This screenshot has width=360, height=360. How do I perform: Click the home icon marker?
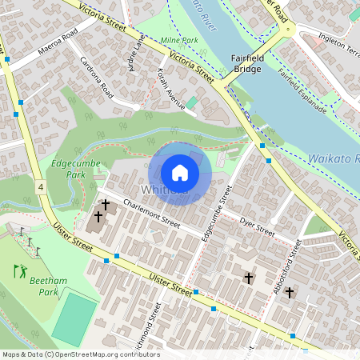[x=179, y=173]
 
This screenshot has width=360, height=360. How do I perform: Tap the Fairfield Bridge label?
[x=247, y=64]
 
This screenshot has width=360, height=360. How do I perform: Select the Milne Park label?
[x=178, y=40]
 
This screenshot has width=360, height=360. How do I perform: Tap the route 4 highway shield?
[x=40, y=186]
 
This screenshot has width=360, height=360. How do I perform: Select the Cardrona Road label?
[x=95, y=74]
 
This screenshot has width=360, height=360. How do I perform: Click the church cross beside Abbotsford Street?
[x=289, y=293]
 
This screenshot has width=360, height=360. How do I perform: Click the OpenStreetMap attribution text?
[x=80, y=354]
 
